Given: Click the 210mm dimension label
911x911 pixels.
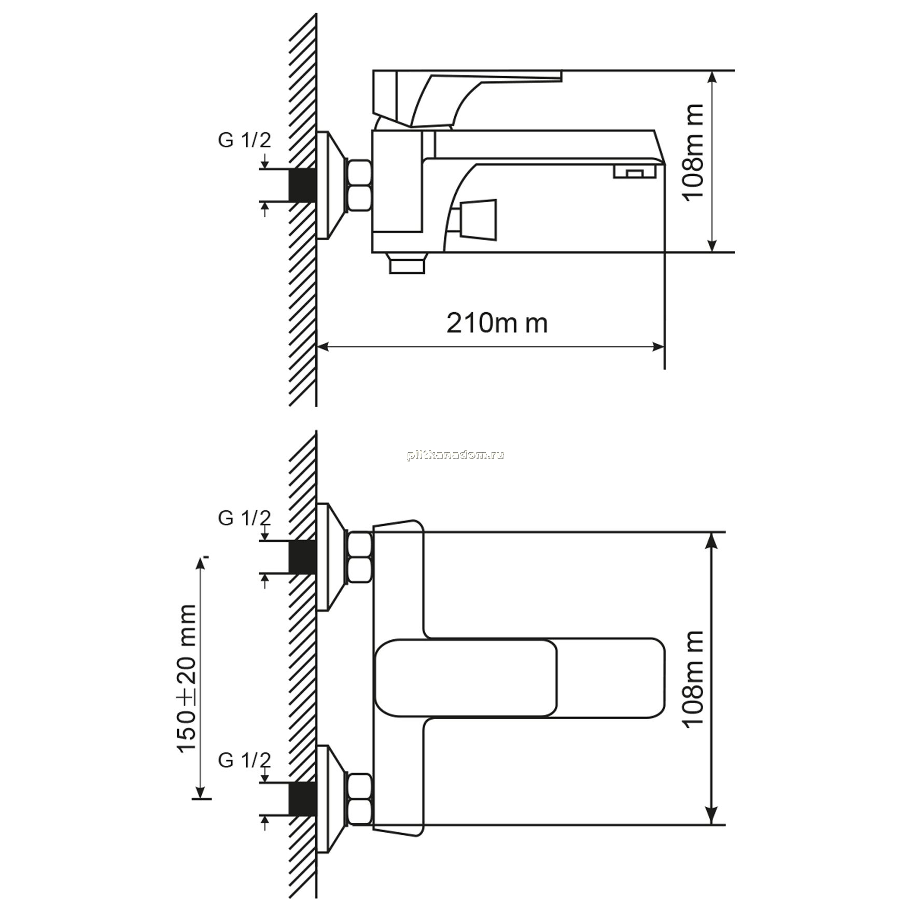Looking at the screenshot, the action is pyautogui.click(x=497, y=323).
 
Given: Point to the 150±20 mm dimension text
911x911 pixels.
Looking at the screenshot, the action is pyautogui.click(x=186, y=678).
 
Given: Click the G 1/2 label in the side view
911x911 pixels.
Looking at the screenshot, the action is pyautogui.click(x=244, y=140).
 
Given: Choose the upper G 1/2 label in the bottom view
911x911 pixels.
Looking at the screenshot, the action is pyautogui.click(x=244, y=518).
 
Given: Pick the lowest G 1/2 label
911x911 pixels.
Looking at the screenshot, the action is pyautogui.click(x=244, y=760).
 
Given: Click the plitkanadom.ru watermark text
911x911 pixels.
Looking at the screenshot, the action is pyautogui.click(x=456, y=455).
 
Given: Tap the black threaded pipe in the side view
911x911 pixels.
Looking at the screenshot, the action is pyautogui.click(x=303, y=185).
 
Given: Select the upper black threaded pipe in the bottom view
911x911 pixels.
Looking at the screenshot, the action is pyautogui.click(x=303, y=557).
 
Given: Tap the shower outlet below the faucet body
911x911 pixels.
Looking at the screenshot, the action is pyautogui.click(x=407, y=263).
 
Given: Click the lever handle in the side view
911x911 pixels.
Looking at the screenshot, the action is pyautogui.click(x=467, y=99).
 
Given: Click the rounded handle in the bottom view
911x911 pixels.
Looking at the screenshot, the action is pyautogui.click(x=519, y=678).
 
